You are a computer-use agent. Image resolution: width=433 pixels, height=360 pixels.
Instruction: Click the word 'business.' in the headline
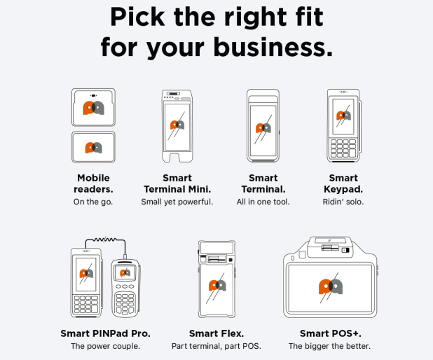273,47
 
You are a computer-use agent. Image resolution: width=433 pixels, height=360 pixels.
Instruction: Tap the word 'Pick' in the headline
137,17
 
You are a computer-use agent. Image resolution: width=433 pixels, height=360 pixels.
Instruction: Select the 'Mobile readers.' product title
93,184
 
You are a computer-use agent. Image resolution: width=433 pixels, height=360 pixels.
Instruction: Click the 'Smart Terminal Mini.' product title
177,184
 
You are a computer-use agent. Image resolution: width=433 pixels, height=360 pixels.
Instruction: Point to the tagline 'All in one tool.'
263,202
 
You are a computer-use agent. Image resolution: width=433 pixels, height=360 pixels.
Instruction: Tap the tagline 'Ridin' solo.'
343,202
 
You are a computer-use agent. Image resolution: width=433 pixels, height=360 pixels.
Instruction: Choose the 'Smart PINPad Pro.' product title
106,333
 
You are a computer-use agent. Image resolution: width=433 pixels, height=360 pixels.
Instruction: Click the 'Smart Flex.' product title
216,333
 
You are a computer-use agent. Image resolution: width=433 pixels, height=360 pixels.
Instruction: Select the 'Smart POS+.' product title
331,333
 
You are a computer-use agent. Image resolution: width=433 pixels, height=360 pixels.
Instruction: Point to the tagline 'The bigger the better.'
329,346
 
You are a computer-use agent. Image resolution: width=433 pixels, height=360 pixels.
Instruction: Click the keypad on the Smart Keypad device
343,148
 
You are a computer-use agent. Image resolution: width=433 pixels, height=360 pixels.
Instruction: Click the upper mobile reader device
93,107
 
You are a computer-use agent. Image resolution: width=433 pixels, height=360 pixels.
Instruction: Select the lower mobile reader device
93,147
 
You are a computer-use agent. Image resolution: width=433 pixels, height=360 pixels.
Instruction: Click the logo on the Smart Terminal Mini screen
177,125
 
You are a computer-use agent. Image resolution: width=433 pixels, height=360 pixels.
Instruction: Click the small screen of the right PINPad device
125,272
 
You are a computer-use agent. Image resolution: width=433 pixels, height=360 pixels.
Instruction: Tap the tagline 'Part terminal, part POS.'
216,346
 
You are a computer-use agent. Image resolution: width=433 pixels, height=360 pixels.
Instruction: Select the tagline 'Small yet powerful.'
177,202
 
